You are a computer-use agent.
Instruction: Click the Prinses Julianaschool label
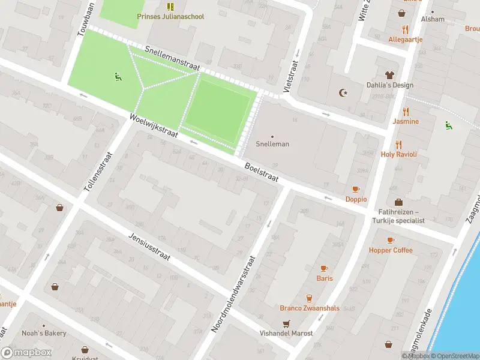point(170,16)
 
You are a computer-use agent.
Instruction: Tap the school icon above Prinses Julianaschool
point(170,7)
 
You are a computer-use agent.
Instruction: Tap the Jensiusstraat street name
point(149,247)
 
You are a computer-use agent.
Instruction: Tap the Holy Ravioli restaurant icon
point(398,145)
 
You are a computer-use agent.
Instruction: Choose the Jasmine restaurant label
point(406,121)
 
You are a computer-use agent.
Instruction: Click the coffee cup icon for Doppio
point(356,189)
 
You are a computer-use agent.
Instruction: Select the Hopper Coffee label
point(391,250)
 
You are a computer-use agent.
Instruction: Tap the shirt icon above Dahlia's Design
point(390,75)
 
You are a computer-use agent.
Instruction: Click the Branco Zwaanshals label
point(309,308)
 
